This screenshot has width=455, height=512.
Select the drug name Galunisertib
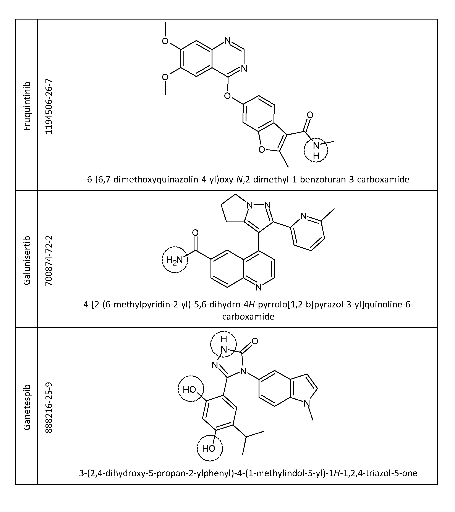(27, 260)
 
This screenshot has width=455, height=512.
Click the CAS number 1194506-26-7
(49, 106)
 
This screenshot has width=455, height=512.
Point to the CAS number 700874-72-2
(49, 260)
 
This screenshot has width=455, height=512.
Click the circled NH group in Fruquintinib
(316, 150)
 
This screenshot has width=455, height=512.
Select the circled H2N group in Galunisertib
(175, 260)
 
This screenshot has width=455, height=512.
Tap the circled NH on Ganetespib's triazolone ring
(223, 345)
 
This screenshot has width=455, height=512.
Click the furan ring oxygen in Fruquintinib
(261, 150)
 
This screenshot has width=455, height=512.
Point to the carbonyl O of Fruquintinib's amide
(310, 115)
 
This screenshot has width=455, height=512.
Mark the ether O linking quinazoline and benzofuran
(227, 96)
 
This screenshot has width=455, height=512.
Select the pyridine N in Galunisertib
(303, 216)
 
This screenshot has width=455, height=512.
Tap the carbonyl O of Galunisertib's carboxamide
(195, 233)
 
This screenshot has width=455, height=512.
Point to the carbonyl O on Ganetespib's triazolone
(255, 341)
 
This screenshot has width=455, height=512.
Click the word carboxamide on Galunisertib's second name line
(248, 316)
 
